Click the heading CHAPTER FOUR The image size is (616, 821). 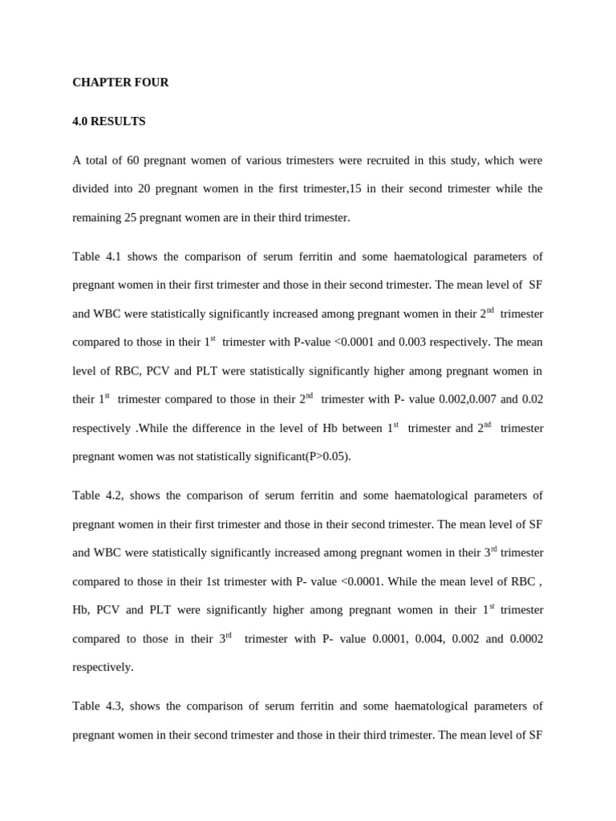tap(120, 83)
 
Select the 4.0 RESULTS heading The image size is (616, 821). tap(109, 122)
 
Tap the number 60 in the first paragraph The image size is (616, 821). tap(133, 160)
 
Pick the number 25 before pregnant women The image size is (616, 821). tap(132, 217)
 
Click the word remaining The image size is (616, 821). tap(96, 217)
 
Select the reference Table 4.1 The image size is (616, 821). tap(96, 257)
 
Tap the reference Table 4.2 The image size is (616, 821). tap(98, 495)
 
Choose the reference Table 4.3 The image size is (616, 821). tap(98, 706)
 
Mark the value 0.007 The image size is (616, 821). tap(478, 399)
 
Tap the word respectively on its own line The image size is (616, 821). tap(103, 667)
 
